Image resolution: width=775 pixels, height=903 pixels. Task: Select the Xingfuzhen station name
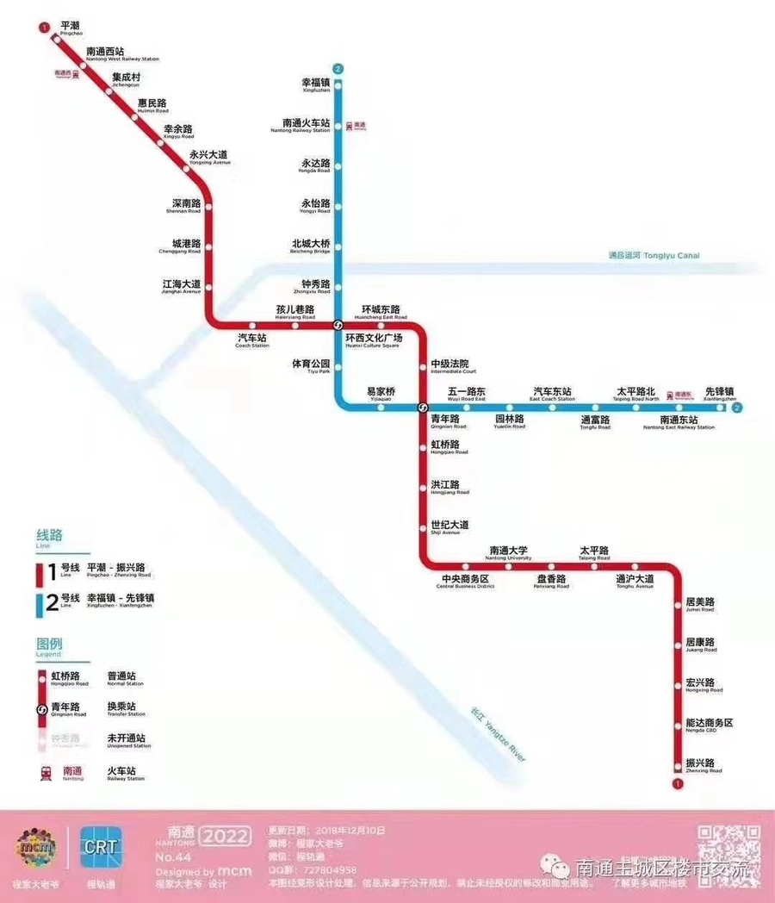(x=316, y=84)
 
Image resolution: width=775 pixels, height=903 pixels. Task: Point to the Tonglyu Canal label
(x=654, y=255)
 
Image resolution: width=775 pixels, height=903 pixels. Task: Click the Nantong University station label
(x=509, y=552)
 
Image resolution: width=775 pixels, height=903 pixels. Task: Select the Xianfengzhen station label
(x=720, y=393)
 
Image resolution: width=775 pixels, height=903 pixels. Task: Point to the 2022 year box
(x=226, y=835)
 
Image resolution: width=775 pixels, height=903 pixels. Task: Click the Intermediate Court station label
(x=449, y=366)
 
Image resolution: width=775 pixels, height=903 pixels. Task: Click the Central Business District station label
(x=465, y=581)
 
